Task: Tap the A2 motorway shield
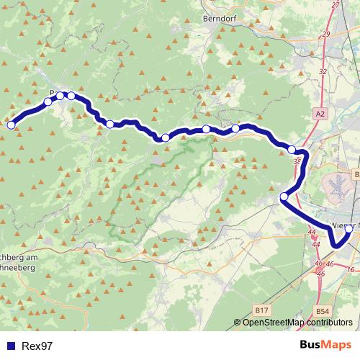click(x=320, y=114)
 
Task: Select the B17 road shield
click(x=262, y=310)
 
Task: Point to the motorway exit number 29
click(x=326, y=34)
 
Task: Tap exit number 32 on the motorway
click(x=322, y=72)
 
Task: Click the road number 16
click(x=351, y=269)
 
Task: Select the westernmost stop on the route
click(x=11, y=125)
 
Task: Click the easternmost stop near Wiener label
click(x=349, y=229)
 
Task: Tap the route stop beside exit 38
click(x=292, y=150)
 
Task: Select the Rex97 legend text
click(x=37, y=346)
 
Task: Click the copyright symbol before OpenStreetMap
click(x=238, y=323)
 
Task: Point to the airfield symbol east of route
click(x=337, y=186)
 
